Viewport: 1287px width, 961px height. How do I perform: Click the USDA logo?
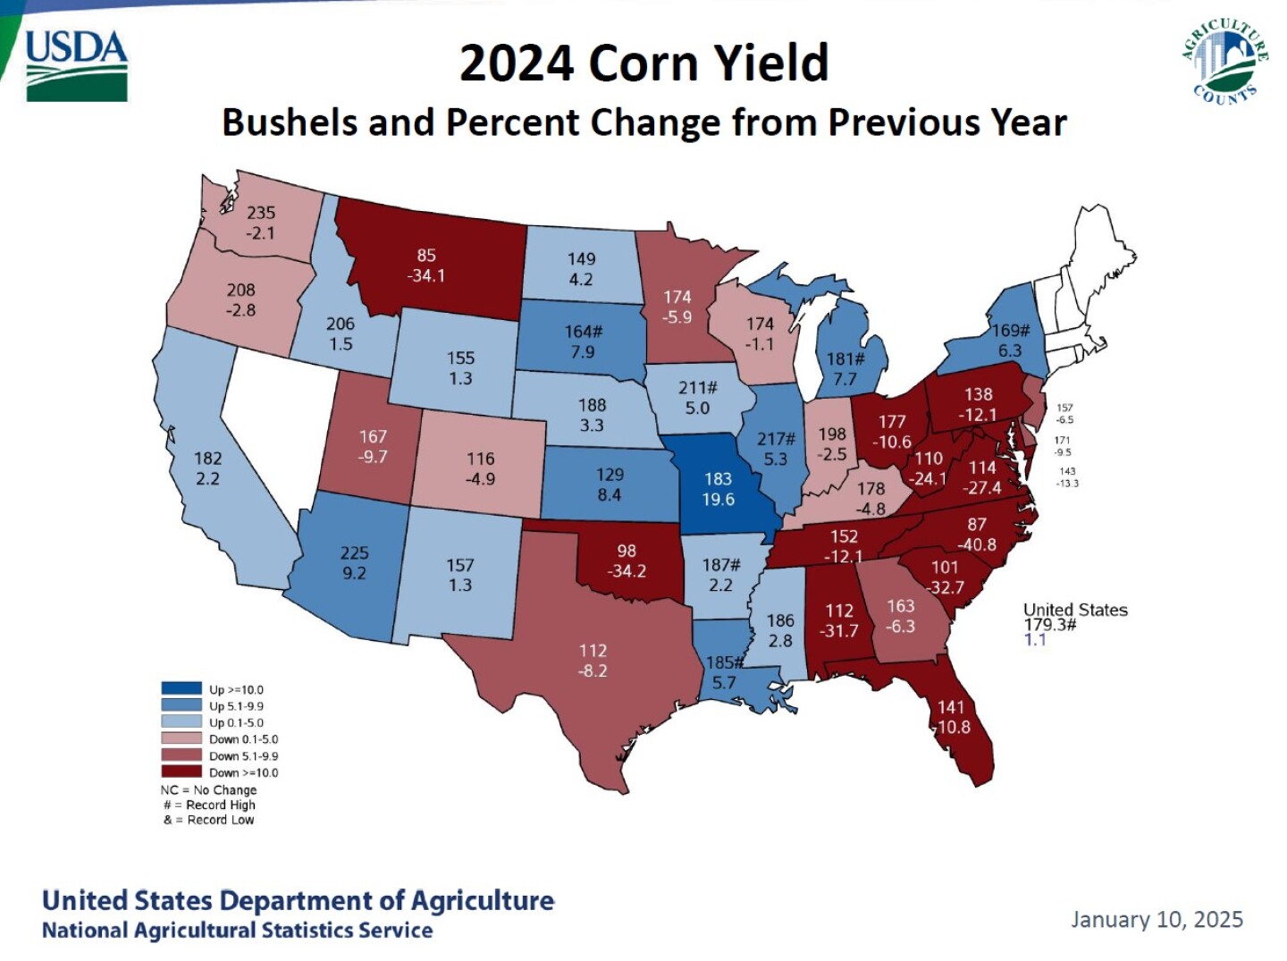point(77,65)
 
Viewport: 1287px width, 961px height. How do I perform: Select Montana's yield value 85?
point(426,256)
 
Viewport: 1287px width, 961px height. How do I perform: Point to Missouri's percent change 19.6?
point(718,499)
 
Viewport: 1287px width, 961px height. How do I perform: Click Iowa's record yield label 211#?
point(697,388)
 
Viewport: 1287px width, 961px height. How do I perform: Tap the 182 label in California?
point(207,459)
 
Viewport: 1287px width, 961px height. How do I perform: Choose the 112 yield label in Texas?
point(593,651)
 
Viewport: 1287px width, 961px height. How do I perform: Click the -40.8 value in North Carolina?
point(977,544)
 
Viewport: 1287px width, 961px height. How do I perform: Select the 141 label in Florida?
point(951,707)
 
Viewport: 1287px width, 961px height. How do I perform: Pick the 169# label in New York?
point(1011,331)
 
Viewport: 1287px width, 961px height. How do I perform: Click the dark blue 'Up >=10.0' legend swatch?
point(181,688)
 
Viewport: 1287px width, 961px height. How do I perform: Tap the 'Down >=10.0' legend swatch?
point(181,771)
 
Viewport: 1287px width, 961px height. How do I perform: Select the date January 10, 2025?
point(1157,920)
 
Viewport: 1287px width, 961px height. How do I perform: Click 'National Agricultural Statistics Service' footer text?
point(237,931)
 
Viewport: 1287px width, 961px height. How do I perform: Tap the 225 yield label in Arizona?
point(354,552)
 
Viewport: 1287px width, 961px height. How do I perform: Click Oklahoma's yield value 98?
point(627,551)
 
